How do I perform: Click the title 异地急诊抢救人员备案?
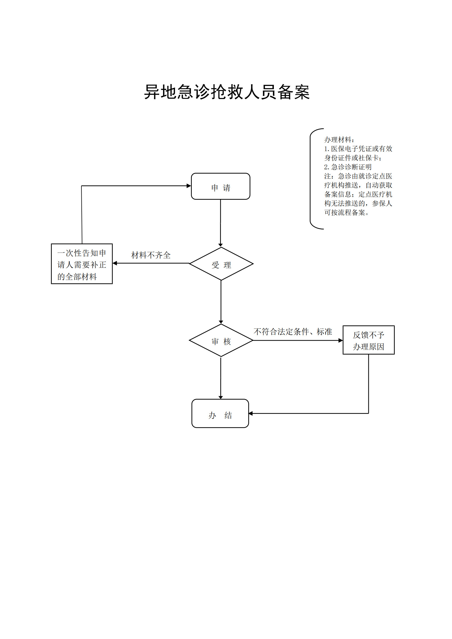tap(227, 92)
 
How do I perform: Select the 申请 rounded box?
tap(221, 186)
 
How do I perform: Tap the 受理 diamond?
tap(221, 264)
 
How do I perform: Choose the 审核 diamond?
tap(221, 340)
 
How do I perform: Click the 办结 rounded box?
tap(220, 413)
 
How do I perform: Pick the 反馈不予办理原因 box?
tap(369, 340)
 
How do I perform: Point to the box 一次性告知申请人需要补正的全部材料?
tap(82, 264)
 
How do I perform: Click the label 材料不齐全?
tap(151, 255)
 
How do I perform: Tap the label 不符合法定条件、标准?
tap(293, 332)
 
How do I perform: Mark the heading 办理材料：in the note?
tap(339, 140)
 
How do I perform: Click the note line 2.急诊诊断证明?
tap(348, 167)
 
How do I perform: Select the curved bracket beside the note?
tap(310, 179)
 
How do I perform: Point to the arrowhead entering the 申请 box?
tap(189, 186)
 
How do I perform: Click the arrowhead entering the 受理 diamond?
tap(221, 245)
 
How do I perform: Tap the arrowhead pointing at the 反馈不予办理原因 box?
tap(341, 340)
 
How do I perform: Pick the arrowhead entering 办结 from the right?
tap(251, 413)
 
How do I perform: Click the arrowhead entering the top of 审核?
tap(221, 322)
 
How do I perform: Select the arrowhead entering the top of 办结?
tap(221, 397)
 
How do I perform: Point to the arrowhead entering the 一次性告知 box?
tap(115, 263)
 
